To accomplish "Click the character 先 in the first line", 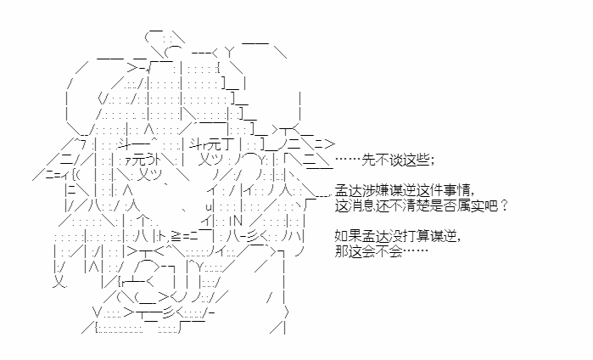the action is click(x=369, y=160).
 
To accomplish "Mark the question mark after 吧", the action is click(x=503, y=206).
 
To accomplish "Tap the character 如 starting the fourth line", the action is click(x=342, y=236).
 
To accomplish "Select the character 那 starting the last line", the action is click(x=342, y=251).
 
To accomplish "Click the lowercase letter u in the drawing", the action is click(x=210, y=206).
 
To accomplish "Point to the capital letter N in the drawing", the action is click(x=238, y=221).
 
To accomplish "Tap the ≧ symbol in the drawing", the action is click(x=176, y=236).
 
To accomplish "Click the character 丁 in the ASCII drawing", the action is click(x=230, y=145).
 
